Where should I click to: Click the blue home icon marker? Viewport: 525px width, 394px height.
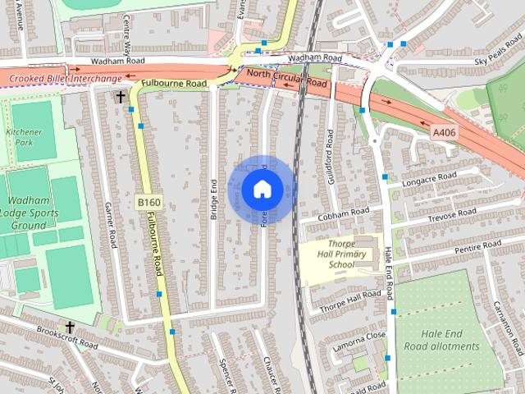click(x=262, y=189)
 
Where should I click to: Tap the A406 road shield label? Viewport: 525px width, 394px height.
click(x=443, y=131)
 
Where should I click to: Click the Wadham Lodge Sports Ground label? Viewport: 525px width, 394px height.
click(x=28, y=213)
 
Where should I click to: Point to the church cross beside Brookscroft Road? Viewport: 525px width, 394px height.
click(x=70, y=326)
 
